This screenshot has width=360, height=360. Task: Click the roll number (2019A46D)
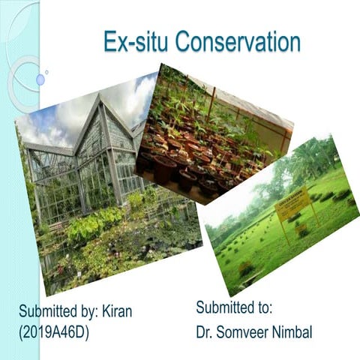[54, 331]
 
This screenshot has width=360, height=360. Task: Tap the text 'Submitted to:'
[233, 307]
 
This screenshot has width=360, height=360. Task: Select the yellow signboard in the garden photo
[293, 205]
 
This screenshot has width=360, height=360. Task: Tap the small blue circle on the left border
[40, 79]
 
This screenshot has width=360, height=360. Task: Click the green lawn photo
[285, 225]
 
